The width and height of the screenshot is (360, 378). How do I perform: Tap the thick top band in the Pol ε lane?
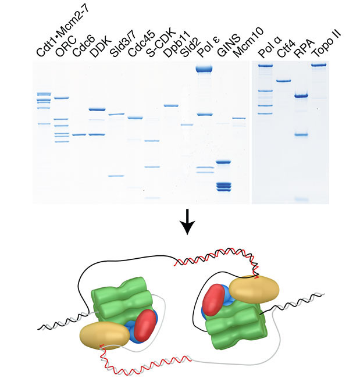[x=205, y=70]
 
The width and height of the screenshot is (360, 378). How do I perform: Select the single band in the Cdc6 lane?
[x=80, y=135]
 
